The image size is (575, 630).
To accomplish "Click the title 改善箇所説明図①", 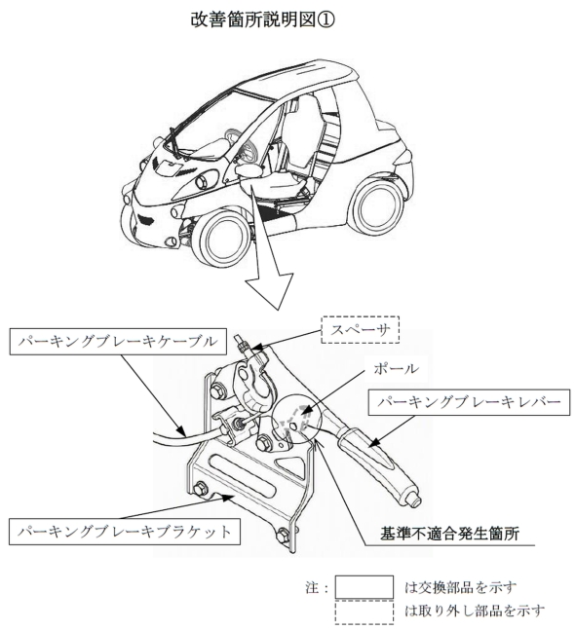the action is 262,19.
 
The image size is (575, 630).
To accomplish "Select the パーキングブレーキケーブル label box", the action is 118,342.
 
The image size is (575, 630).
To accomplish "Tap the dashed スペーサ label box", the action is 360,329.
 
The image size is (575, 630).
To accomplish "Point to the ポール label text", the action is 396,368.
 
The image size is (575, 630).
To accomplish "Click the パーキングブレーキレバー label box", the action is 469,402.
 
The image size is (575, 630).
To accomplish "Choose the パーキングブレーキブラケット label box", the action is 125,532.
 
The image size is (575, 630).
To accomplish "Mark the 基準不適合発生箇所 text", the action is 449,534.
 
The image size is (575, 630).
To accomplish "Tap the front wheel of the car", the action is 224,240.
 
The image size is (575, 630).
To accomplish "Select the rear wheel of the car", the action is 379,208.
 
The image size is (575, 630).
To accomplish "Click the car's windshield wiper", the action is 175,142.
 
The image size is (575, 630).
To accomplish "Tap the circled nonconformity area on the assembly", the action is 295,419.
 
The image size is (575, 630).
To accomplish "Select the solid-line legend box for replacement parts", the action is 364,587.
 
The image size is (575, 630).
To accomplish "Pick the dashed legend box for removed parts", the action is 364,611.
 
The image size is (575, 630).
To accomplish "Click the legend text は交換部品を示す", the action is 460,587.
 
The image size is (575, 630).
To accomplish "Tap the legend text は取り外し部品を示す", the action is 475,611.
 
